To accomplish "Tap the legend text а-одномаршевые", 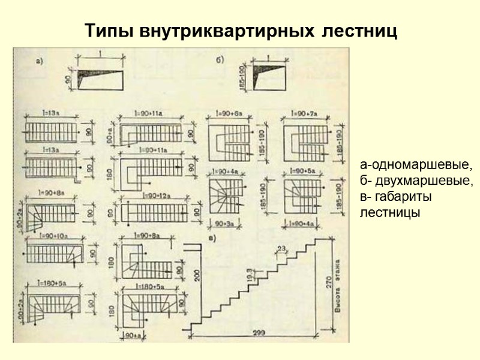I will tap(416, 164).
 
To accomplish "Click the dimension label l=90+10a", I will tap(53, 238).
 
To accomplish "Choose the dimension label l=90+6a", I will tap(229, 113).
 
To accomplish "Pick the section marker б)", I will tap(220, 60).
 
